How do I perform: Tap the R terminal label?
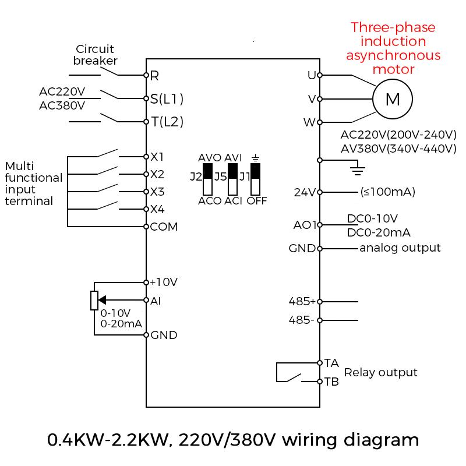[x=154, y=76]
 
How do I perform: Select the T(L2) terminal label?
[x=167, y=122]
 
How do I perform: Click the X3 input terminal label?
[x=157, y=192]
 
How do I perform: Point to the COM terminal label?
[x=164, y=227]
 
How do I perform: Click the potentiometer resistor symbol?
[x=94, y=301]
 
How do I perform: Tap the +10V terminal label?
[x=164, y=282]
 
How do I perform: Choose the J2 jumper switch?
[x=207, y=179]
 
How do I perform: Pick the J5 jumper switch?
[x=232, y=179]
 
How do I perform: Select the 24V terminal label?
[x=305, y=192]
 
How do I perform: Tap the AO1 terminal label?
[x=305, y=225]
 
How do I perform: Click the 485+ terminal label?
[x=302, y=301]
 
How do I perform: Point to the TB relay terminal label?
[x=331, y=382]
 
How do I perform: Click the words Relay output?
[x=381, y=372]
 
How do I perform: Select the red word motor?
[x=393, y=69]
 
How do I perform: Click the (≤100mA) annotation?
[x=387, y=192]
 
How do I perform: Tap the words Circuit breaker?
[x=95, y=55]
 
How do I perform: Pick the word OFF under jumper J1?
[x=257, y=201]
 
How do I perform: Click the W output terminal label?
[x=309, y=122]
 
